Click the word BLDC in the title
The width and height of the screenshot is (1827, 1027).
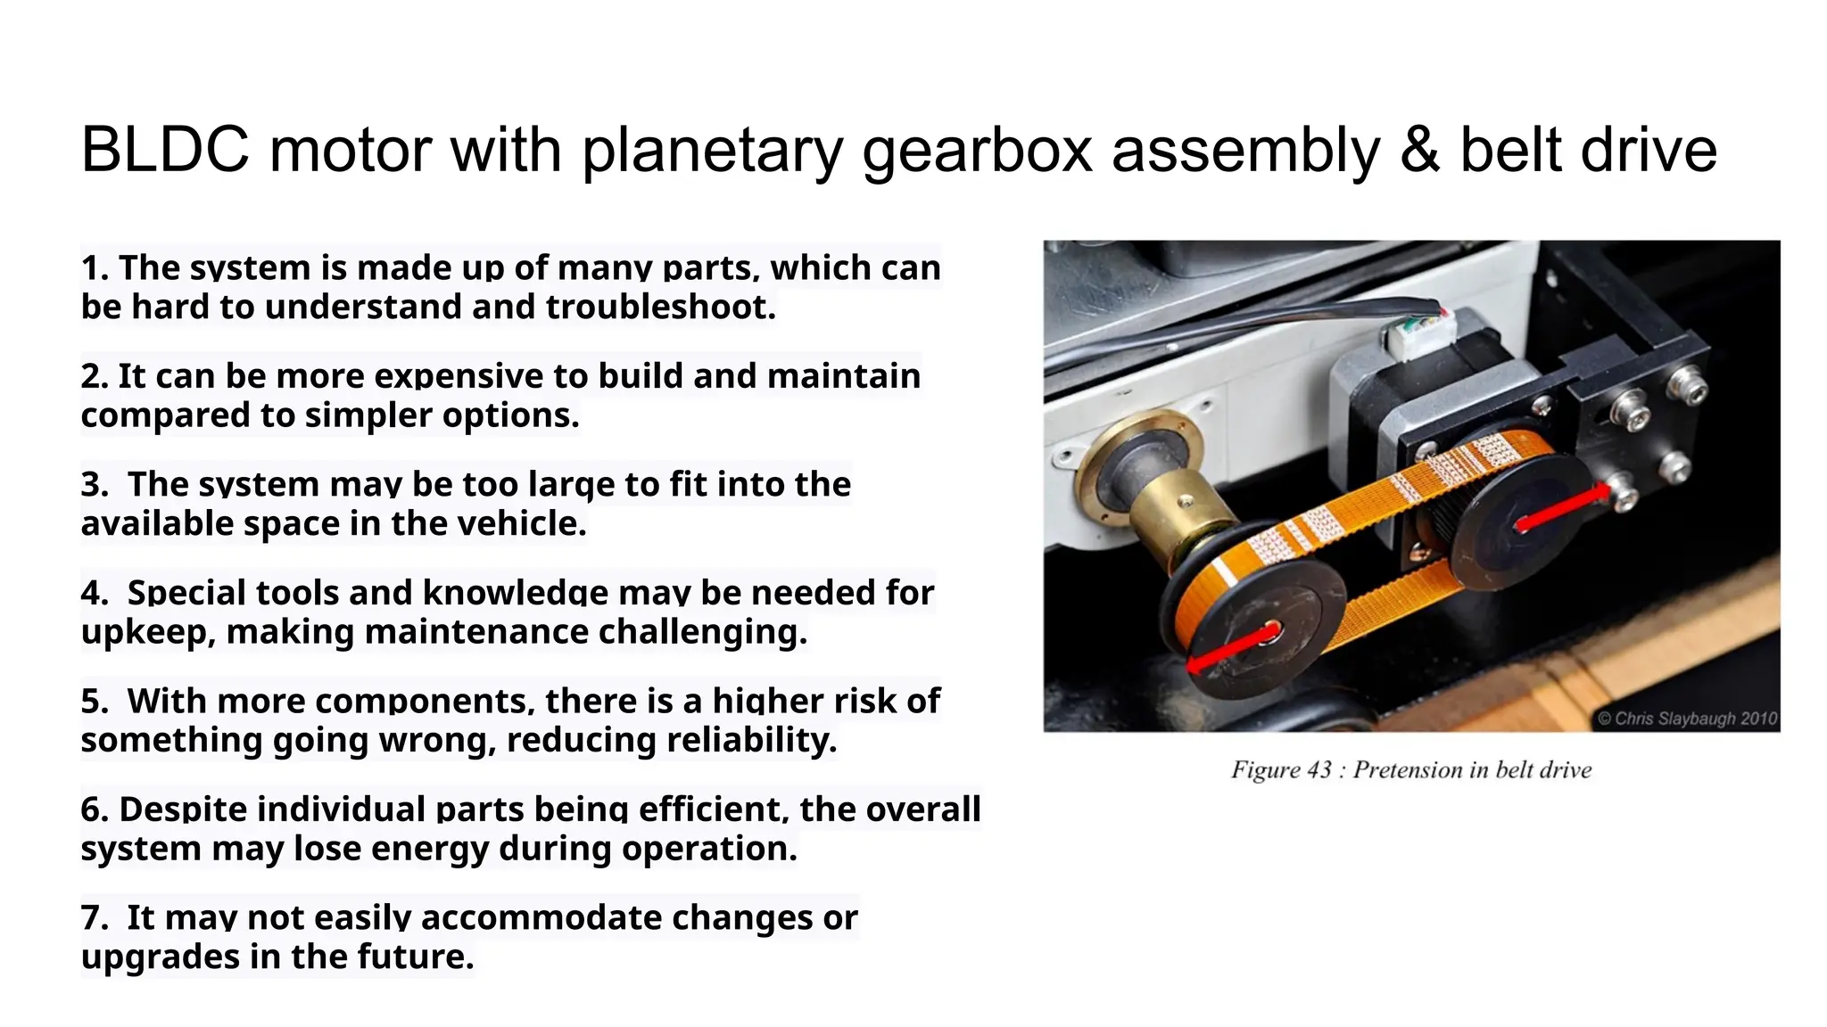coord(165,150)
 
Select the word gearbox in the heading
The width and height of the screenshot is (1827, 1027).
coord(977,150)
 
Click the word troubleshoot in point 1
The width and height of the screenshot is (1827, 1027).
coord(660,307)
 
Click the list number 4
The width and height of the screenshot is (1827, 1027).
coord(93,593)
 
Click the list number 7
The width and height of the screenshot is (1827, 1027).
coord(93,918)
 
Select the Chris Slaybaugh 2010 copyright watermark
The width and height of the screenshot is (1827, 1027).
coord(1686,719)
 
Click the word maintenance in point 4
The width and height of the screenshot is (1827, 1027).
coord(476,632)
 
